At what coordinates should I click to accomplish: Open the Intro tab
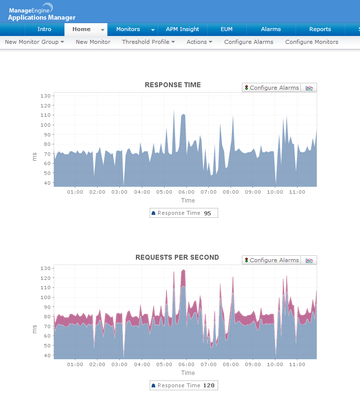click(x=44, y=30)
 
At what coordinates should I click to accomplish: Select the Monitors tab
click(x=128, y=30)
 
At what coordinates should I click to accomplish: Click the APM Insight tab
click(x=182, y=30)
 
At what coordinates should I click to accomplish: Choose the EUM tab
click(x=227, y=30)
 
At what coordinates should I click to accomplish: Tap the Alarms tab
click(x=271, y=30)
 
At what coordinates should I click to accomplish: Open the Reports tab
click(x=320, y=30)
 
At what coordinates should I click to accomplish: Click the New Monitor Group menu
click(x=34, y=42)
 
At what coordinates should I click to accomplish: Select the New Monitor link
click(x=93, y=42)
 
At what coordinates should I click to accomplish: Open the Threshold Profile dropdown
click(x=148, y=42)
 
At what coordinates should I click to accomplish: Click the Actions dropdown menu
click(x=199, y=42)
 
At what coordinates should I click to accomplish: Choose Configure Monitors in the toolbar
click(x=312, y=42)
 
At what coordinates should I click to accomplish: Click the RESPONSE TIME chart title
click(x=173, y=85)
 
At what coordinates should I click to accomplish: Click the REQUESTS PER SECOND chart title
click(x=177, y=258)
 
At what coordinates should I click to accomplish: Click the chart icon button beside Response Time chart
click(x=309, y=88)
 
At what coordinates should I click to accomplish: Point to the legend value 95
click(x=208, y=213)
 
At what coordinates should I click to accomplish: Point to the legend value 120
click(x=209, y=386)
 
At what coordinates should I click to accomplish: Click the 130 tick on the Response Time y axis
click(x=46, y=96)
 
